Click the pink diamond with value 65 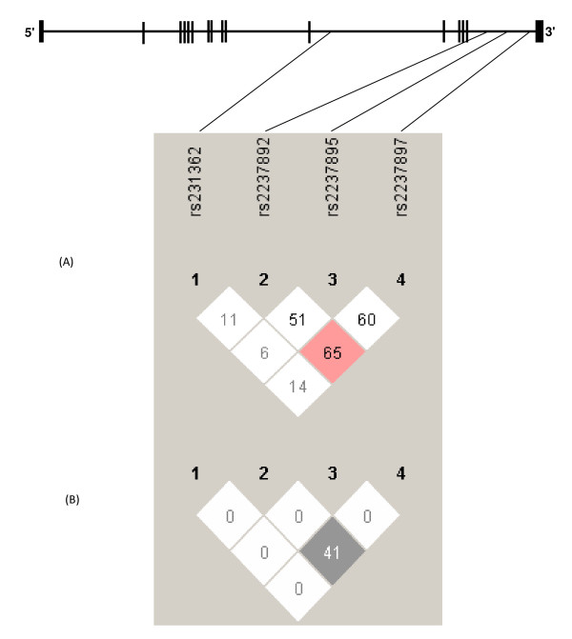[332, 350]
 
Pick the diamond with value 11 [230, 319]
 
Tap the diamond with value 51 [297, 319]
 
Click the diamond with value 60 [366, 319]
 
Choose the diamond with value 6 [264, 350]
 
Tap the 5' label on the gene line [31, 33]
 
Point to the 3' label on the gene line [550, 33]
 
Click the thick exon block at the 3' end [539, 31]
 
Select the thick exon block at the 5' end [41, 31]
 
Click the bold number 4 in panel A [400, 280]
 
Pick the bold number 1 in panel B [195, 473]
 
